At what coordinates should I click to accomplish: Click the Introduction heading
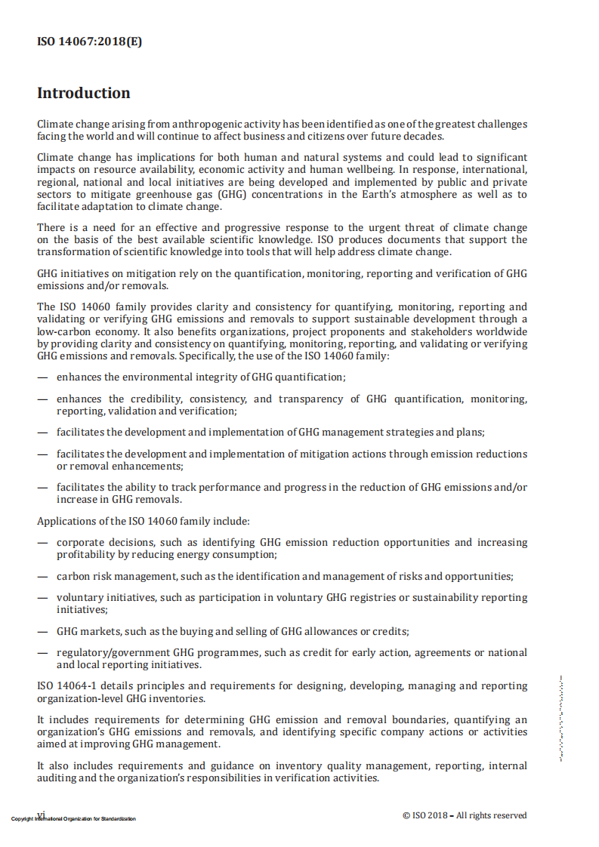pyautogui.click(x=84, y=94)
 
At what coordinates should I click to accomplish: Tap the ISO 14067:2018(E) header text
pyautogui.click(x=89, y=42)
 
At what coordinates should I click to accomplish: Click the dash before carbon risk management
pyautogui.click(x=43, y=577)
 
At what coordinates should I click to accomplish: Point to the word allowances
pyautogui.click(x=327, y=631)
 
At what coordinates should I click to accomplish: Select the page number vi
pyautogui.click(x=42, y=815)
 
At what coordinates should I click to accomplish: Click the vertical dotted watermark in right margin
pyautogui.click(x=561, y=717)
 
